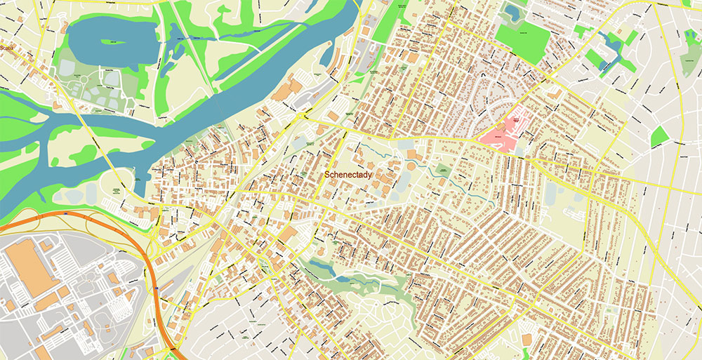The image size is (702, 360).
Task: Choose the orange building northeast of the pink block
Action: [555, 93]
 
